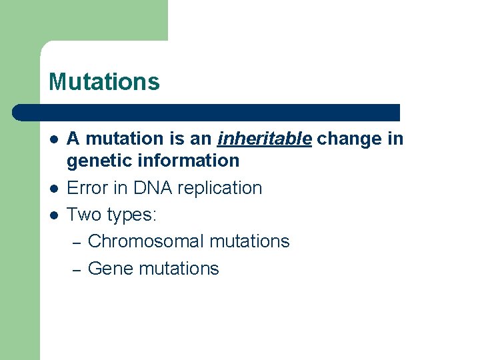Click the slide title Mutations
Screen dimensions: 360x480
point(104,82)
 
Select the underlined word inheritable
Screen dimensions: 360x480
point(264,139)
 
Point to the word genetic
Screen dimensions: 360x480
point(99,161)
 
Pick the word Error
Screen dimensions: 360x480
point(87,188)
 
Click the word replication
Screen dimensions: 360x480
point(220,189)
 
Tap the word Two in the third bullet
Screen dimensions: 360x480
point(83,215)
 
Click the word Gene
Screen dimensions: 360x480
point(111,269)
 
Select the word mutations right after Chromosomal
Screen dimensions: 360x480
point(249,241)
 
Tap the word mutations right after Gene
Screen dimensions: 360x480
point(179,269)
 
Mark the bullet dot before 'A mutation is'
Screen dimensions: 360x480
point(53,139)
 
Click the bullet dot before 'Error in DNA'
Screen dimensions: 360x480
point(53,189)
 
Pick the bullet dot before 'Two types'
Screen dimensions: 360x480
point(53,215)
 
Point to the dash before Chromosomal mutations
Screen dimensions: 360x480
point(76,243)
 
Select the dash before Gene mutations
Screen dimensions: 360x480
point(76,270)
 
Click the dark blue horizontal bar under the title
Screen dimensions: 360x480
point(207,112)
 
